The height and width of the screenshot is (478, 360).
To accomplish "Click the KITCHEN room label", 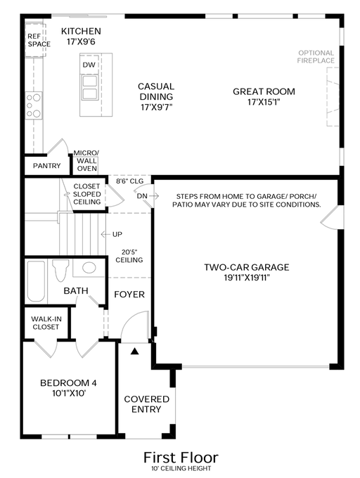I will point(81,32).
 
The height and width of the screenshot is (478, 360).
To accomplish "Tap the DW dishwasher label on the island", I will point(89,65).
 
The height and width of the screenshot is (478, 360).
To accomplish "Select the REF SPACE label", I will point(39,40).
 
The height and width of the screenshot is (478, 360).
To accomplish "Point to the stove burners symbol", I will point(33,105).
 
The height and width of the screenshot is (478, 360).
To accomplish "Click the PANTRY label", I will point(46,167).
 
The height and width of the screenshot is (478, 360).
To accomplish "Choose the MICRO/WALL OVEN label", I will point(87,161).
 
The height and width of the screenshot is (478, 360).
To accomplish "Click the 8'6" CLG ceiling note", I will point(129,181).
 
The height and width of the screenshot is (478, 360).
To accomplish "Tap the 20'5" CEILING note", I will point(129,255).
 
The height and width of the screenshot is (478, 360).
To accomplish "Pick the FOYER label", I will point(129,294).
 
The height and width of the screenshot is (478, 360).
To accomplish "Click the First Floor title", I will point(181,457).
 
